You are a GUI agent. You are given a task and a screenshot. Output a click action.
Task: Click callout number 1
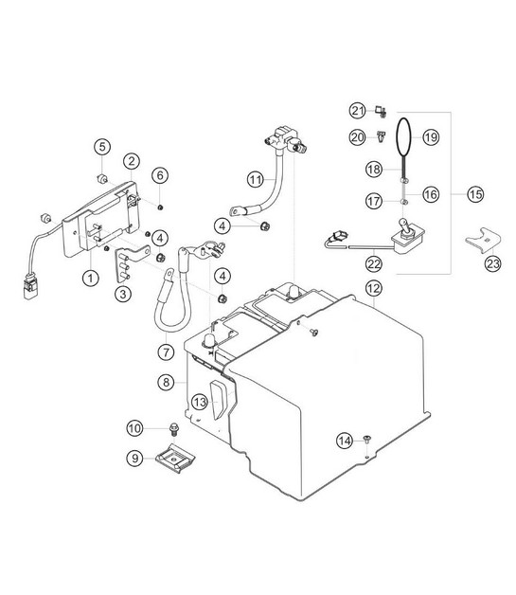pyautogui.click(x=90, y=279)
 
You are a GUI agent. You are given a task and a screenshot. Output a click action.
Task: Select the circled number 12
pyautogui.click(x=373, y=288)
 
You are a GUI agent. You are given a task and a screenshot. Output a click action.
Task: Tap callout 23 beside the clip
pyautogui.click(x=493, y=263)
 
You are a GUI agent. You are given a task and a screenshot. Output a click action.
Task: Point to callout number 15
pyautogui.click(x=475, y=194)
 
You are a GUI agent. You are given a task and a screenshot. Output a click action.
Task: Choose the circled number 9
pyautogui.click(x=135, y=458)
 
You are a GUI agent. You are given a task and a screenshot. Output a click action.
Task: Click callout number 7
pyautogui.click(x=166, y=352)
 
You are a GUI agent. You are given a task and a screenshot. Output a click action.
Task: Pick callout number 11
pyautogui.click(x=255, y=179)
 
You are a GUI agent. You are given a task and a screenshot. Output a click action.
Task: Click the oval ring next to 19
pyautogui.click(x=403, y=137)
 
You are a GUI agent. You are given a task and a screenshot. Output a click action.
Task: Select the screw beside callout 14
pyautogui.click(x=366, y=439)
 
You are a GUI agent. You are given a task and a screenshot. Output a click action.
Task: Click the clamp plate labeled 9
pyautogui.click(x=175, y=458)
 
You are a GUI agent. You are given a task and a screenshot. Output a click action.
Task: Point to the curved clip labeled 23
pyautogui.click(x=483, y=240)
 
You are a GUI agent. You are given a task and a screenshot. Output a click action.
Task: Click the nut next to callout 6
pyautogui.click(x=160, y=207)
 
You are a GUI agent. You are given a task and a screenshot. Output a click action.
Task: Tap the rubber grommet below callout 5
pyautogui.click(x=101, y=178)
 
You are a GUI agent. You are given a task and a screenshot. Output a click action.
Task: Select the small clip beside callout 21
pyautogui.click(x=381, y=111)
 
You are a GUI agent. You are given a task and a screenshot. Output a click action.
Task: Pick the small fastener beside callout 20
pyautogui.click(x=381, y=136)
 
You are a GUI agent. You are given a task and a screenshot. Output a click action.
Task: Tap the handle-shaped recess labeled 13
pyautogui.click(x=218, y=400)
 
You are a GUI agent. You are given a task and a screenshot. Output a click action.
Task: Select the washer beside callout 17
pyautogui.click(x=404, y=202)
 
